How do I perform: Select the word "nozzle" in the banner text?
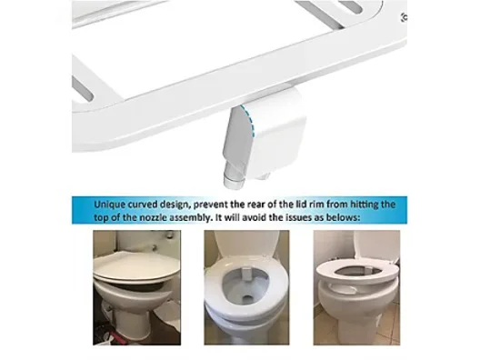[x=153, y=217]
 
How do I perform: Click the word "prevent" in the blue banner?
[x=210, y=205]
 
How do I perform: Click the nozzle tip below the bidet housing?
[x=235, y=181]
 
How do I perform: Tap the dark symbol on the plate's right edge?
[x=404, y=17]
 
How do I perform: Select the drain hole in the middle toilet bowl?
[x=248, y=297]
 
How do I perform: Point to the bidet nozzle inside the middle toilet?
[x=246, y=274]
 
